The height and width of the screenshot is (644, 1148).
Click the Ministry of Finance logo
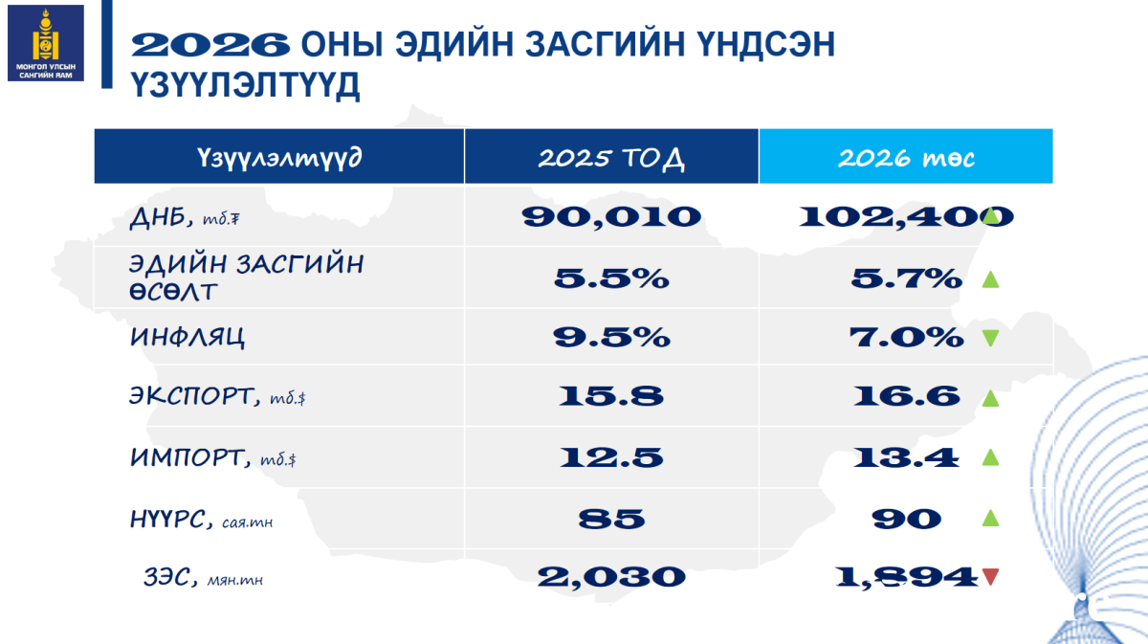click(46, 43)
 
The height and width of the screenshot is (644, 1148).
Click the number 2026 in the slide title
click(210, 45)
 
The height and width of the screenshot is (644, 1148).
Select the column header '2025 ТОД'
click(611, 157)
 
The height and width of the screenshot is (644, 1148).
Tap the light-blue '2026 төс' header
click(906, 156)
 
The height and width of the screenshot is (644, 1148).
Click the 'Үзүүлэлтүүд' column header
click(279, 157)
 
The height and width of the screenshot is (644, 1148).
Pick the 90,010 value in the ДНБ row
click(611, 217)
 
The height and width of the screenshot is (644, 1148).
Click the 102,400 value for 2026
click(906, 217)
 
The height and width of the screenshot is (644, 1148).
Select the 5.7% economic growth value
click(906, 278)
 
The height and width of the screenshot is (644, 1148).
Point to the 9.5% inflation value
click(611, 338)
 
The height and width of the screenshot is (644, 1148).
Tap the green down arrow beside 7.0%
click(991, 338)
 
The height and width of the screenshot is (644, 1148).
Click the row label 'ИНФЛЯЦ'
click(188, 338)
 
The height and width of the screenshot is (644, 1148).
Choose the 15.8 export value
click(611, 396)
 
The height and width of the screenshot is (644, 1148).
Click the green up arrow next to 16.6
click(991, 398)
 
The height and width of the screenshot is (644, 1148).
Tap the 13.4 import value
click(906, 457)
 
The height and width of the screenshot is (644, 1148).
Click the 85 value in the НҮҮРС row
click(611, 519)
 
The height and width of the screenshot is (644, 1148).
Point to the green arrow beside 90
click(991, 518)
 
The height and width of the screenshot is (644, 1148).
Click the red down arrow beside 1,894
click(991, 577)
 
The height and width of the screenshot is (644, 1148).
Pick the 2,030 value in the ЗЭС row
click(611, 577)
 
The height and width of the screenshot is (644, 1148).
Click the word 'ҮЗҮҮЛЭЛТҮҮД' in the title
click(245, 85)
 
